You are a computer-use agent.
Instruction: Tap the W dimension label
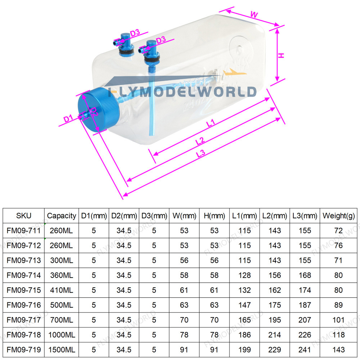(x=254, y=15)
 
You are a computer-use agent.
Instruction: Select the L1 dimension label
(x=211, y=123)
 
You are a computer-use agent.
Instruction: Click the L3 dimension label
(x=201, y=154)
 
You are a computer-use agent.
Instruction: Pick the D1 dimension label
(x=68, y=118)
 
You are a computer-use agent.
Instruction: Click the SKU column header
(x=24, y=216)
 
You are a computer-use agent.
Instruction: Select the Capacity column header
(x=62, y=216)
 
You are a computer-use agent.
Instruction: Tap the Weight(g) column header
(x=338, y=216)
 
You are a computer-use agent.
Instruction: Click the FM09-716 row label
(x=24, y=305)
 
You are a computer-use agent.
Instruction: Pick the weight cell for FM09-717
(x=338, y=320)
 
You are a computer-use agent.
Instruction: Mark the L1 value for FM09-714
(x=244, y=275)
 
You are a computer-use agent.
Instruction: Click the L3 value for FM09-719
(x=305, y=350)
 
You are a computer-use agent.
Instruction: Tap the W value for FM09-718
(x=184, y=335)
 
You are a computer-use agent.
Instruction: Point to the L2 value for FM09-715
(x=275, y=290)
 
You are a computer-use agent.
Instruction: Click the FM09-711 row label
(x=24, y=231)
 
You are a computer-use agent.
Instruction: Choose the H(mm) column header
(x=214, y=216)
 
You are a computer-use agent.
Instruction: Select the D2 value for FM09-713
(x=124, y=260)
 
